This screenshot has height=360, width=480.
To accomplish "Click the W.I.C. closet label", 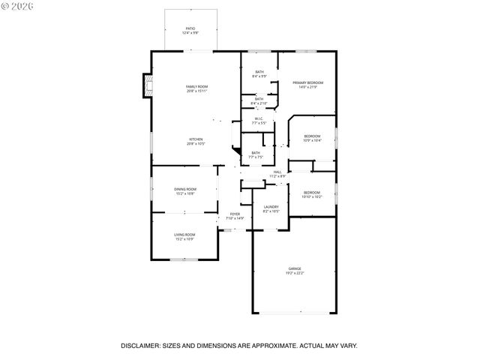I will [x=258, y=119].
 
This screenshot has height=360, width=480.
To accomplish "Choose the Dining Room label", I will [x=185, y=190].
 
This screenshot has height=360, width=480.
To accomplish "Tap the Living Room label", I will [x=184, y=237].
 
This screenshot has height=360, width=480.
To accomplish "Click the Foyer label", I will [x=235, y=215].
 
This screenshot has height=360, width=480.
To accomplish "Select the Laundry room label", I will [x=271, y=208].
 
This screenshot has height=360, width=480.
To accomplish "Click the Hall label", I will [x=277, y=173].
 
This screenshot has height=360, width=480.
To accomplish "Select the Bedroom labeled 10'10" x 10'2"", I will [x=312, y=194].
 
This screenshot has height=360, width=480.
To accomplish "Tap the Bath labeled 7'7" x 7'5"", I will [x=256, y=154].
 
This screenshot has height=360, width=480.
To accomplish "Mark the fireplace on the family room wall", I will [x=147, y=85].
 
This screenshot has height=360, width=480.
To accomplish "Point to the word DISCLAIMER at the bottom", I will [x=140, y=346].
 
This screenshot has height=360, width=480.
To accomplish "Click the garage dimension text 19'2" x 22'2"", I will [x=294, y=274].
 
